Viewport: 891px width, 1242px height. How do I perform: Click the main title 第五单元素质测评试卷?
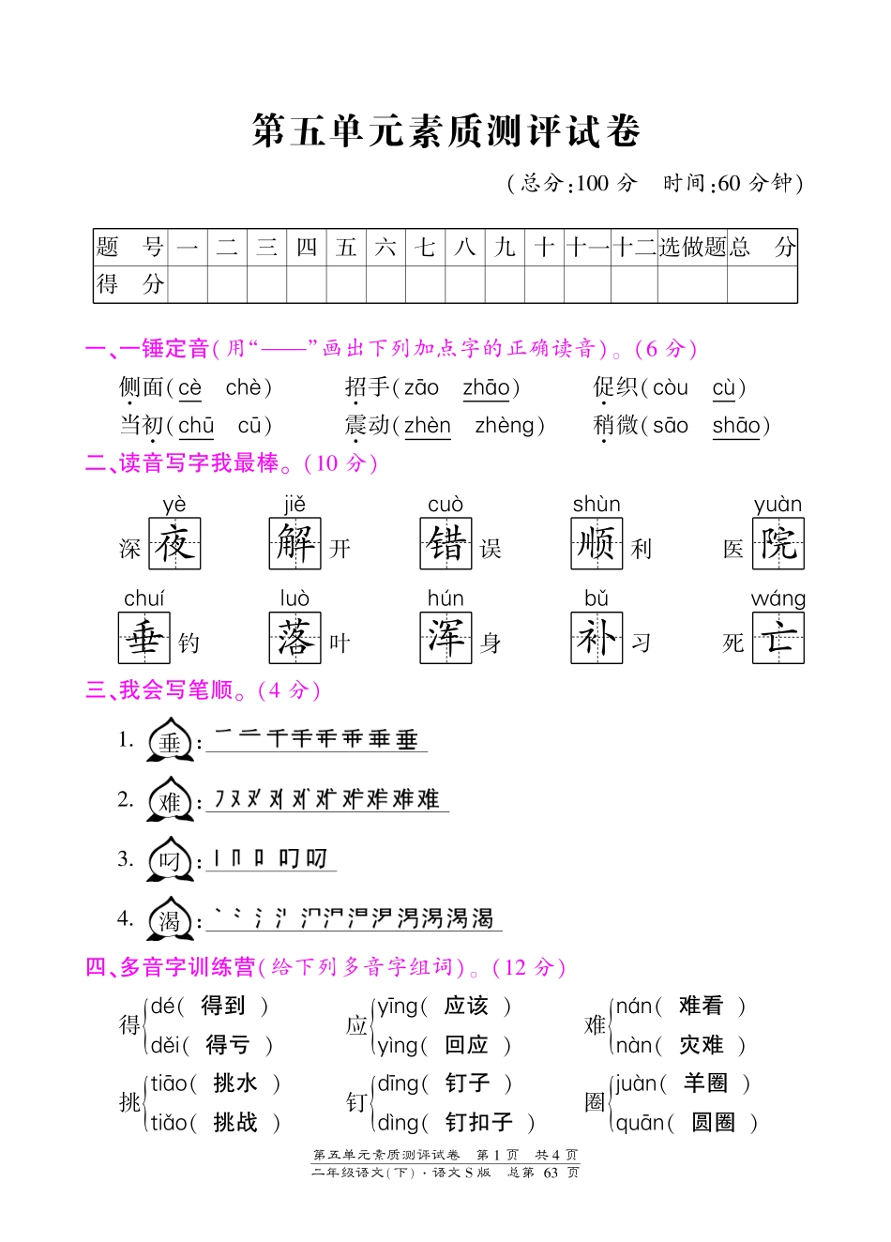(445, 131)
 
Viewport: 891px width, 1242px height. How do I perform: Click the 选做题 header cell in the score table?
(692, 248)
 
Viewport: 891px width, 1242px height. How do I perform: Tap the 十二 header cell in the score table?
(634, 248)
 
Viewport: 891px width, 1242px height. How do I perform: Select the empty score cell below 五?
(346, 284)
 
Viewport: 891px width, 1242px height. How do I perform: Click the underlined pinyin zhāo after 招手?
(486, 387)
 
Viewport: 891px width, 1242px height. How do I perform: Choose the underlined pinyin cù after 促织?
(724, 387)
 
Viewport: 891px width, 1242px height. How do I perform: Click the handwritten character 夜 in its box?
(174, 544)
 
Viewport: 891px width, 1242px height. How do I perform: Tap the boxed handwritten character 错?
(445, 544)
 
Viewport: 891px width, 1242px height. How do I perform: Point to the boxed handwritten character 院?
(778, 544)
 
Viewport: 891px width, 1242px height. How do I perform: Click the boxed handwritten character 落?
(294, 638)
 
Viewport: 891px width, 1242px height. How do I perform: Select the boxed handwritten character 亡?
(778, 638)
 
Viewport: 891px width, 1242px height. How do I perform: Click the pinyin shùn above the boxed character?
(597, 505)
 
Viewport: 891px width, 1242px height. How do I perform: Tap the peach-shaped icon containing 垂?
(170, 742)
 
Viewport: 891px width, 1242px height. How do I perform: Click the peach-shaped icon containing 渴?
(170, 920)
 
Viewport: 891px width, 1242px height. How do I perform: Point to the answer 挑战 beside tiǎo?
(234, 1122)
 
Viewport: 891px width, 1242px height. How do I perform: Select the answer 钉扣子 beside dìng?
(478, 1122)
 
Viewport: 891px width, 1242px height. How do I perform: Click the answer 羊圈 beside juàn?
(705, 1083)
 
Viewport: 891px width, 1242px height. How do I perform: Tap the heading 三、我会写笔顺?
(159, 690)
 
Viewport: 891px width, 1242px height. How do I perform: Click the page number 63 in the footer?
(551, 1173)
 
